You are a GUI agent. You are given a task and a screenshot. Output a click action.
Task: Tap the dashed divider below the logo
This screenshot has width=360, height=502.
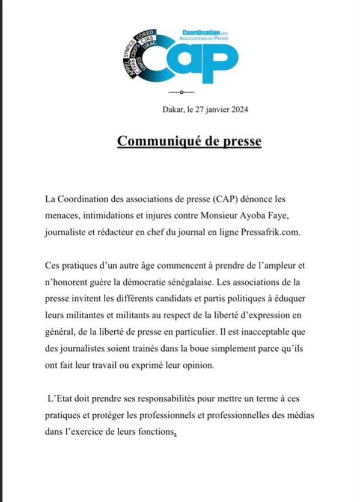(x=180, y=92)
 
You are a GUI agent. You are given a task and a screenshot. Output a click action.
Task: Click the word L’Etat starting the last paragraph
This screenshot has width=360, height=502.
(x=62, y=399)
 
